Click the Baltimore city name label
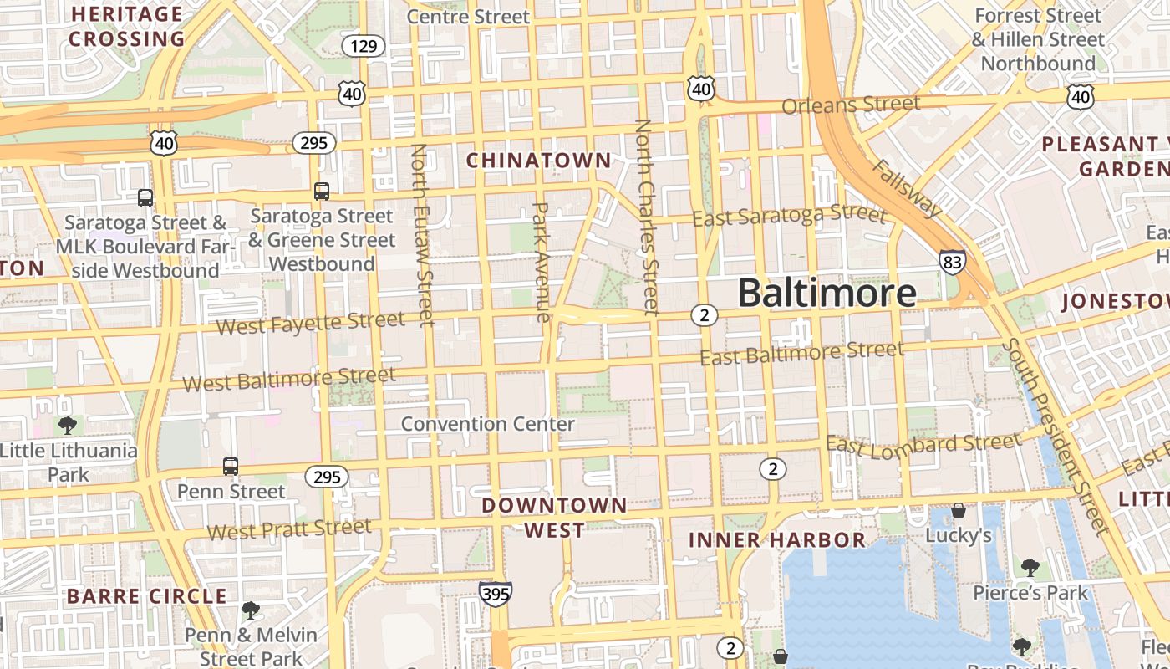pyautogui.click(x=827, y=293)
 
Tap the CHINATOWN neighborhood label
pyautogui.click(x=539, y=160)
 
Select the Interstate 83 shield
pyautogui.click(x=952, y=262)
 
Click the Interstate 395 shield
pyautogui.click(x=496, y=594)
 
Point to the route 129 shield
pyautogui.click(x=364, y=46)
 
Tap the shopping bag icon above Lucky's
pyautogui.click(x=959, y=510)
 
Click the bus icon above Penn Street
pyautogui.click(x=230, y=466)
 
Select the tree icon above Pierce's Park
pyautogui.click(x=1030, y=568)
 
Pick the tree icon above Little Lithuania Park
pyautogui.click(x=68, y=426)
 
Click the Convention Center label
pyautogui.click(x=488, y=424)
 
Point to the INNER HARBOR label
pyautogui.click(x=777, y=540)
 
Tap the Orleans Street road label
pyautogui.click(x=851, y=105)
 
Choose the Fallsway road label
pyautogui.click(x=908, y=188)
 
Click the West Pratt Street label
pyautogui.click(x=289, y=529)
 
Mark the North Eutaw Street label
pyautogui.click(x=421, y=234)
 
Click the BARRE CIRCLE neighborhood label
pyautogui.click(x=146, y=596)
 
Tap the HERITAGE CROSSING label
pyautogui.click(x=126, y=27)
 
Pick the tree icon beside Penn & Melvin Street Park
pyautogui.click(x=250, y=610)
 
